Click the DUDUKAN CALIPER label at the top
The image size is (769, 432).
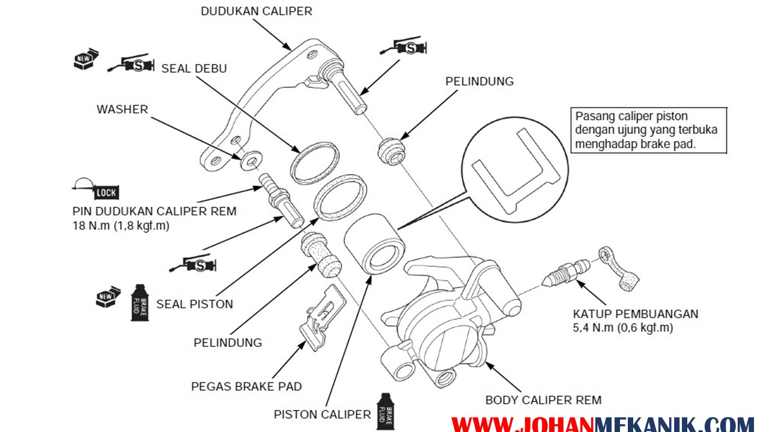pyautogui.click(x=257, y=11)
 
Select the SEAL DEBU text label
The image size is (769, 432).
pyautogui.click(x=194, y=68)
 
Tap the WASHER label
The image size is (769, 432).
pyautogui.click(x=122, y=109)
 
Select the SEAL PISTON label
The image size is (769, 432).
pyautogui.click(x=194, y=304)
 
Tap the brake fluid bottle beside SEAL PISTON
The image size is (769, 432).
pyautogui.click(x=139, y=302)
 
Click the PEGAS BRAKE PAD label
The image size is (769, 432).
pyautogui.click(x=246, y=386)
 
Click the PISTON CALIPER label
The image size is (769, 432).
pyautogui.click(x=322, y=415)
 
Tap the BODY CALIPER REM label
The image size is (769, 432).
pyautogui.click(x=543, y=400)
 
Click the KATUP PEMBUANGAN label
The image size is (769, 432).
pyautogui.click(x=636, y=314)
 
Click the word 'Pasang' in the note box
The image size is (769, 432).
pyautogui.click(x=593, y=116)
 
